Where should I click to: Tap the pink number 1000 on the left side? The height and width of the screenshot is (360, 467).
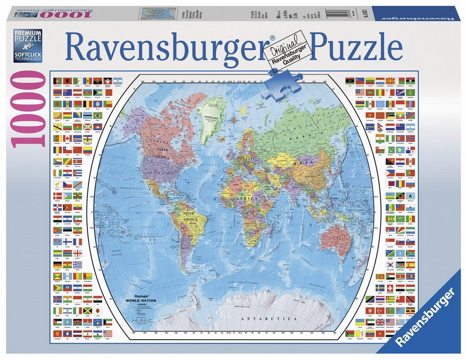(27, 109)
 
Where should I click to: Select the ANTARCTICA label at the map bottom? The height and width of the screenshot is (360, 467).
(269, 318)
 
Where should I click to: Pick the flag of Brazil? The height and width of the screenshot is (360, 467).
(97, 115)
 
